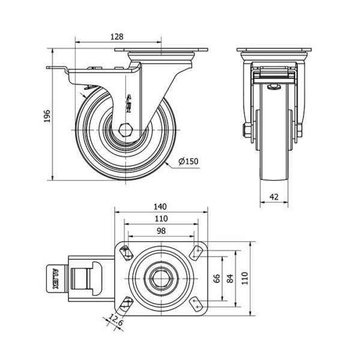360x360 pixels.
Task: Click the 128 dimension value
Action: [x=118, y=37]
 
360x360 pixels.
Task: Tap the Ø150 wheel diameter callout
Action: [x=188, y=161]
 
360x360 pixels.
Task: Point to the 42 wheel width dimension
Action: [x=273, y=196]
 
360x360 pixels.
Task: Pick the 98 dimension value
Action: [x=160, y=231]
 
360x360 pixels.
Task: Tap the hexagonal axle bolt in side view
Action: [x=125, y=129]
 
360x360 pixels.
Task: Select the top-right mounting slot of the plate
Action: [x=196, y=253]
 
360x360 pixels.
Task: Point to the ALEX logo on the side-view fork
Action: [x=133, y=98]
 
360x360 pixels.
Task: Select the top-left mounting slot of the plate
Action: [x=126, y=253]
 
